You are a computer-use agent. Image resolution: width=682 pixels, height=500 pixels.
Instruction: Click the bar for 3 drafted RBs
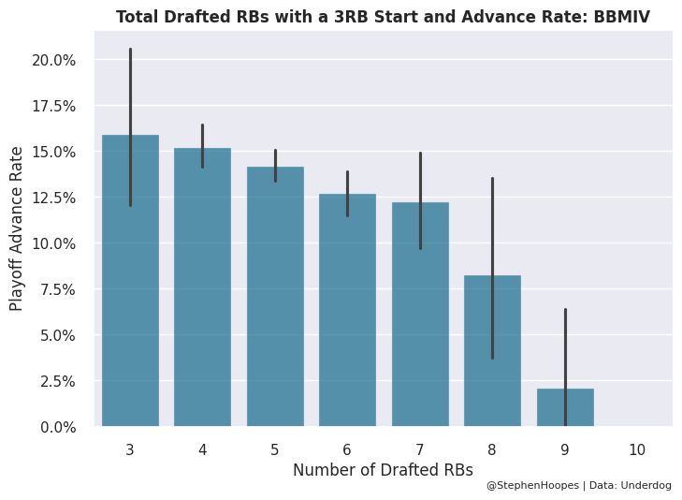point(130,281)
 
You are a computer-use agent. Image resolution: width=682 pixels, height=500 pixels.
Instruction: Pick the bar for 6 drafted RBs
point(347,310)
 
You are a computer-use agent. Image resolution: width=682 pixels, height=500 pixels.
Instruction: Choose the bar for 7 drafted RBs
point(420,315)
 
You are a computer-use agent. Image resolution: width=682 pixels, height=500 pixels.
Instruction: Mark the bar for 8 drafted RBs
point(492,351)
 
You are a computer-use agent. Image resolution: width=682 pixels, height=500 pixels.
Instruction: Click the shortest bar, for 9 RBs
point(565,408)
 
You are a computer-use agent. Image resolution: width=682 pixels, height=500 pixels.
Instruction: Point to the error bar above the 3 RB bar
point(130,84)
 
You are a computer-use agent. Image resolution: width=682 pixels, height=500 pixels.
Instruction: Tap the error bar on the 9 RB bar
point(565,346)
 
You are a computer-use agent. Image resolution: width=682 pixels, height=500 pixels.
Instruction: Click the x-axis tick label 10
point(637,450)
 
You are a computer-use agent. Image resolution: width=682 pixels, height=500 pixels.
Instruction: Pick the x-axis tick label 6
point(347,450)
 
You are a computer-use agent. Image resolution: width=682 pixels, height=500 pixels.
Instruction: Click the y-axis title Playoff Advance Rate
point(17,228)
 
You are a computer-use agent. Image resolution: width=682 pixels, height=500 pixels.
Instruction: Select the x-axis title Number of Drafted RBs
point(383,470)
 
